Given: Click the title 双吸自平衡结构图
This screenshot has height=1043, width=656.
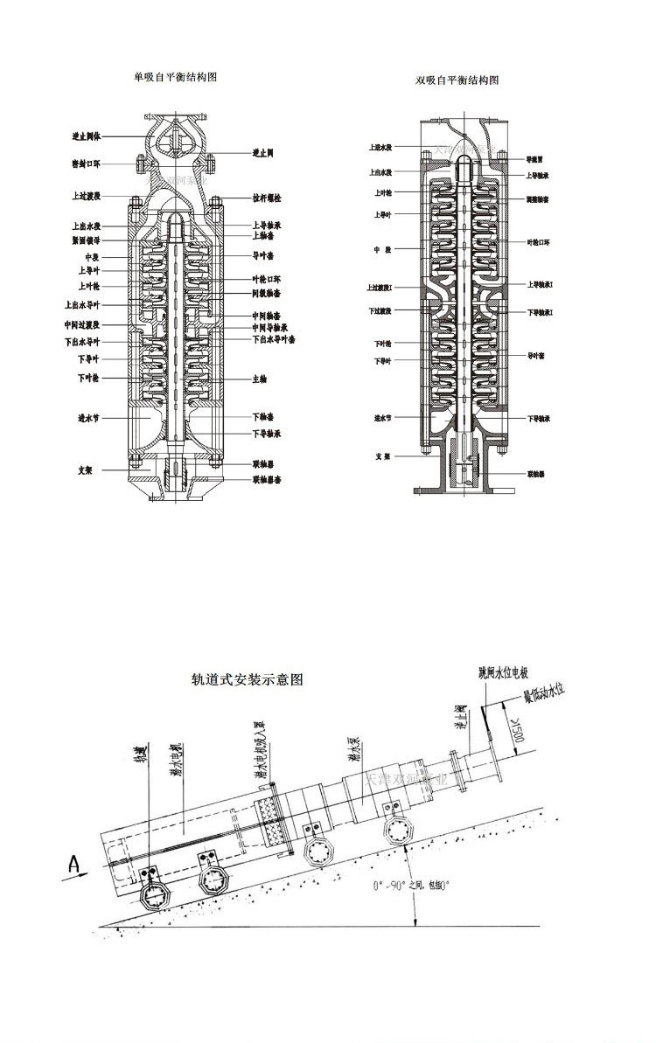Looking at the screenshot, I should (x=457, y=80).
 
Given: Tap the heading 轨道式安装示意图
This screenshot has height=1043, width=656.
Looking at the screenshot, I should (x=248, y=679).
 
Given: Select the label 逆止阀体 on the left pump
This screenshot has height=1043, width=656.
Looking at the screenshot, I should (x=87, y=136).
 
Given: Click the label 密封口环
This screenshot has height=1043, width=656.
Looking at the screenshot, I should (x=86, y=163).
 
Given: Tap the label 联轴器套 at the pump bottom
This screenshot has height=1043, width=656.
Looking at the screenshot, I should (x=268, y=479).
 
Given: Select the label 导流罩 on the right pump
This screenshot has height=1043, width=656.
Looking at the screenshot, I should (x=535, y=160).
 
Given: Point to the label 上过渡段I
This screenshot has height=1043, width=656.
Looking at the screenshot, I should (x=380, y=287).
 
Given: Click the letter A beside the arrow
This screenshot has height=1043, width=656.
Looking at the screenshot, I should (x=76, y=866).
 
